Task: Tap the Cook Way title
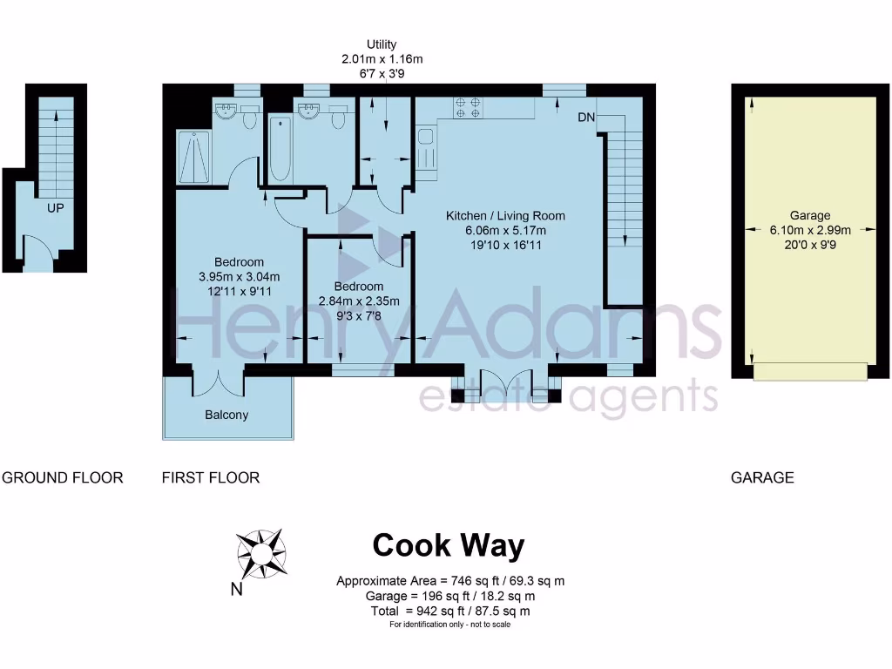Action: tap(449, 546)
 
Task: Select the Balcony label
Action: tap(226, 416)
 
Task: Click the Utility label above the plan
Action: tap(382, 44)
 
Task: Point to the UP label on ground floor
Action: tap(56, 208)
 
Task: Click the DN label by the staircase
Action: tap(586, 117)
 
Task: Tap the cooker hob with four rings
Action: tap(468, 107)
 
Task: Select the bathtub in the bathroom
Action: tap(279, 148)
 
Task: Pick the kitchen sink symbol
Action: tap(426, 148)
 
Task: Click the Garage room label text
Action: tap(810, 215)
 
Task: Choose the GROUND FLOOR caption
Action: tap(63, 477)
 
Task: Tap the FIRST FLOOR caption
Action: tap(211, 477)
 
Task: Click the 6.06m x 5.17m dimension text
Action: tap(505, 231)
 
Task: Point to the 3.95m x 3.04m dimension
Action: tap(240, 277)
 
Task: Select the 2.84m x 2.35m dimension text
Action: tap(358, 301)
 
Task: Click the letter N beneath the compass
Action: tap(236, 590)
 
